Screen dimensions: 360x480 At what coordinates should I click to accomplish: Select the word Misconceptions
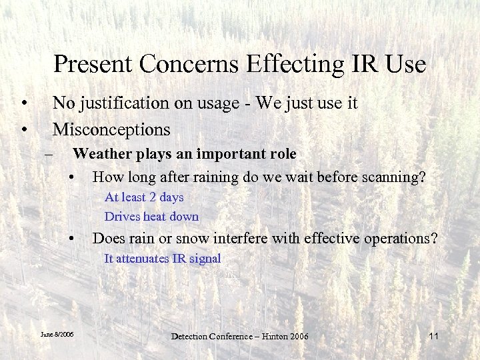click(x=111, y=128)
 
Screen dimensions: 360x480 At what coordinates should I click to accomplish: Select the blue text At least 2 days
click(x=144, y=197)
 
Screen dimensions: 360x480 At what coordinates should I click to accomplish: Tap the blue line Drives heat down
click(x=151, y=217)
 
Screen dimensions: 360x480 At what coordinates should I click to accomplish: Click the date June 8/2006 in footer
click(x=57, y=334)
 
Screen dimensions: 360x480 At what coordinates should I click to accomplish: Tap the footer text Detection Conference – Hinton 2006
click(x=240, y=336)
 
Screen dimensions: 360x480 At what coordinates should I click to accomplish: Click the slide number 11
click(x=433, y=335)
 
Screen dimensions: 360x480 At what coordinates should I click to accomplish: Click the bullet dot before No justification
click(x=24, y=104)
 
